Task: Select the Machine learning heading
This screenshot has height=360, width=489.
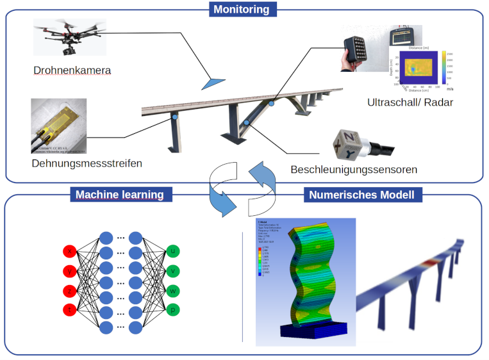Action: (x=120, y=194)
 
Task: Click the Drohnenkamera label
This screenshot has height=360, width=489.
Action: (x=72, y=69)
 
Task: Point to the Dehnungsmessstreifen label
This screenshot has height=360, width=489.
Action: (x=87, y=163)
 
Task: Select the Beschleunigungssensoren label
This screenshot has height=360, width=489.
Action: (x=354, y=170)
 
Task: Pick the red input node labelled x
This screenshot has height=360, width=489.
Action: (x=70, y=251)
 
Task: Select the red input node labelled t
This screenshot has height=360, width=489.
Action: (x=70, y=310)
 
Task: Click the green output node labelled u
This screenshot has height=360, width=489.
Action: (x=173, y=251)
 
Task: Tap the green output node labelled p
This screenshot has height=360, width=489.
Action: (x=173, y=310)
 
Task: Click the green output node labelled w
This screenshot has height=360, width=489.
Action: (x=173, y=291)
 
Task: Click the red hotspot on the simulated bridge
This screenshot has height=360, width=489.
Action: (x=430, y=261)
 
